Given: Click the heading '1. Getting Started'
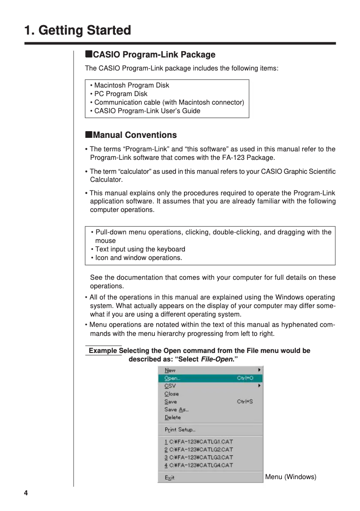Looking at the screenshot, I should point(78,31).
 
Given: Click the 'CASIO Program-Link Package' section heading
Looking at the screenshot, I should point(150,55).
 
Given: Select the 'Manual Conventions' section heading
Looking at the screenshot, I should point(131,135).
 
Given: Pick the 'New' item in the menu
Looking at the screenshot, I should point(170,370).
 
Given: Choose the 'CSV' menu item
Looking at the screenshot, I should point(170,386).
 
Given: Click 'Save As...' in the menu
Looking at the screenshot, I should point(176,410).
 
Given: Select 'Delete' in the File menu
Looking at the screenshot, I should point(173,418).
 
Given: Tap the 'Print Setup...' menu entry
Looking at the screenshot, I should point(180,430).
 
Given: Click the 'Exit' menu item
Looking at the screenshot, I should point(170,478).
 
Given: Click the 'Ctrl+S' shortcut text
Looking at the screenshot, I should point(245,402).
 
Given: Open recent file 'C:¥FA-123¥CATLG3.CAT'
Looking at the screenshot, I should point(199,458).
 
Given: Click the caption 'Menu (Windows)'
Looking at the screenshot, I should point(290,477).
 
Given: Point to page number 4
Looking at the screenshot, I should point(26,493).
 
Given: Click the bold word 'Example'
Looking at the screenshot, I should point(103,351).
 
